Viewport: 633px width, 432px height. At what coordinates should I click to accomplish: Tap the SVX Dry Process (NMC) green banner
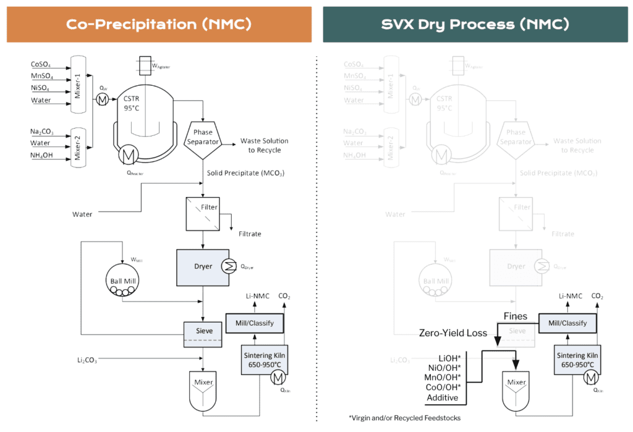[x=475, y=25]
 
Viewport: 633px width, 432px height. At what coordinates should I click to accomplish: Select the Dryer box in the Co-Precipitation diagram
[x=203, y=267]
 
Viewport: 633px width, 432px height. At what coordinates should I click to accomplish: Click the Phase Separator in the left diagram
[x=203, y=137]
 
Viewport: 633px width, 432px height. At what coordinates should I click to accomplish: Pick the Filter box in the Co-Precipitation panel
[x=203, y=213]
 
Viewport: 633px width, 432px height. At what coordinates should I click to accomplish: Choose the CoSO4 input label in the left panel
[x=41, y=64]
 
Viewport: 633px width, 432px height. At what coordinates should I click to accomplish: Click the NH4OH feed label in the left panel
[x=43, y=155]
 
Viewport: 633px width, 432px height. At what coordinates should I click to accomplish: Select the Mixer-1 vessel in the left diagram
[x=78, y=83]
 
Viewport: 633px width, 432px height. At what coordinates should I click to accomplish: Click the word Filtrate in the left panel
[x=250, y=234]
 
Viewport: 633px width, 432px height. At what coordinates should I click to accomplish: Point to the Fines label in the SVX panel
[x=515, y=316]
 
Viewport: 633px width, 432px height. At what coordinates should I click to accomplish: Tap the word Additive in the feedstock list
[x=442, y=397]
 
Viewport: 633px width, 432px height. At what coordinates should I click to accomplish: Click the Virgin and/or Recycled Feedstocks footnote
[x=405, y=418]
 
